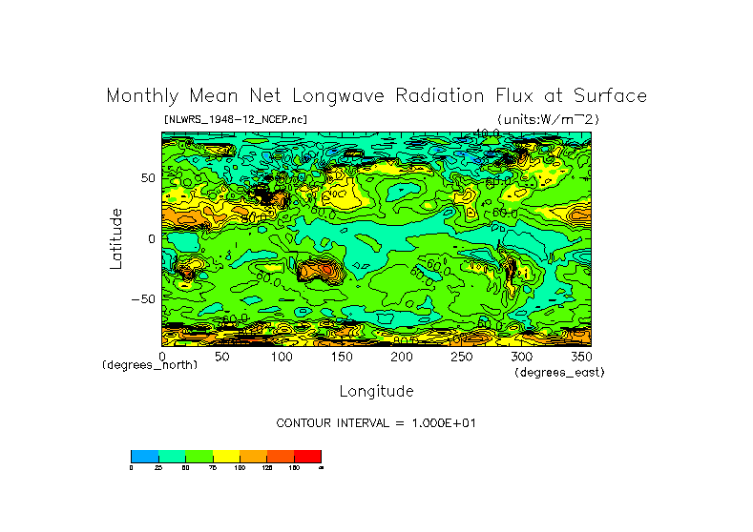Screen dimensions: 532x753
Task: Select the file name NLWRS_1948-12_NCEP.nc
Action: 236,119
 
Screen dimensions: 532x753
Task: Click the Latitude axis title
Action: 115,238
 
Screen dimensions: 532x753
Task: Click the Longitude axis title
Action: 376,391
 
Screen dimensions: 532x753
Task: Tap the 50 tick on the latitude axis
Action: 148,178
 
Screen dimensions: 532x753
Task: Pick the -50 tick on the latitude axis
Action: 144,299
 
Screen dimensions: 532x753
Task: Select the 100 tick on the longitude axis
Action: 282,356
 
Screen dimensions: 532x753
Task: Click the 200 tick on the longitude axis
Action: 401,356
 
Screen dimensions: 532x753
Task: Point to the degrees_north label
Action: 150,366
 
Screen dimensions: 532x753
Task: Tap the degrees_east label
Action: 559,372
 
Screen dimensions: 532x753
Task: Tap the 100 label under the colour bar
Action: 240,468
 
